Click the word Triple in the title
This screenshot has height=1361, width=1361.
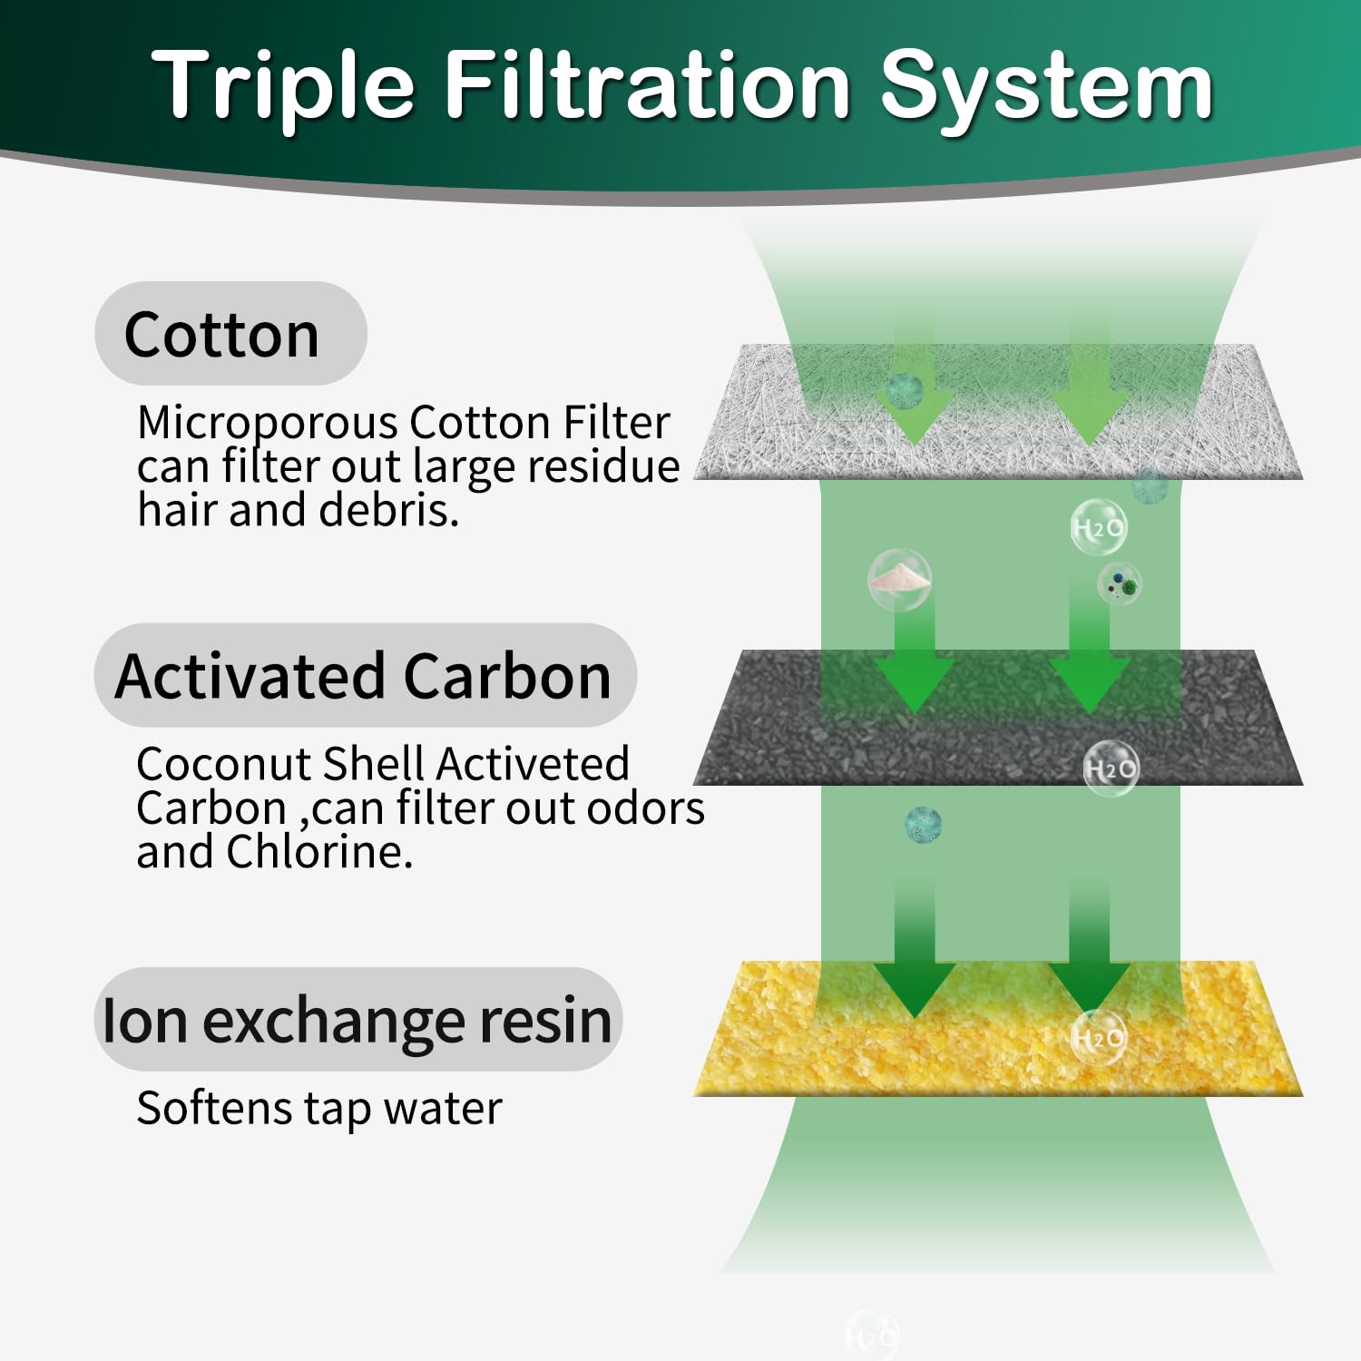tap(283, 86)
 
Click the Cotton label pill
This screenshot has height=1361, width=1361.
tap(230, 334)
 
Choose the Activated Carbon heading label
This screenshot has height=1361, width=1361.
tap(365, 676)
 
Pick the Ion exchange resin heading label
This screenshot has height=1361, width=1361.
tap(357, 1020)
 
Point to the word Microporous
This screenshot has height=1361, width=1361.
tap(268, 423)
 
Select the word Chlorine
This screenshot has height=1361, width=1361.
tap(319, 851)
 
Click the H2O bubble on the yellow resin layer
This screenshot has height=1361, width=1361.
tap(1099, 1037)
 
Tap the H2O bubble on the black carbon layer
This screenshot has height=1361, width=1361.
tap(1111, 769)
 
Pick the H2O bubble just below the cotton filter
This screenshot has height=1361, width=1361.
tap(1099, 527)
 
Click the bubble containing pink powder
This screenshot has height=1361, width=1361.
tap(899, 579)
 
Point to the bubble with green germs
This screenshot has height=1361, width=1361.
tap(1121, 583)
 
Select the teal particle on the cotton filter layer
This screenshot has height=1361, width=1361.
tap(904, 390)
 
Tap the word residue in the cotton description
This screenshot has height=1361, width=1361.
tap(603, 466)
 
